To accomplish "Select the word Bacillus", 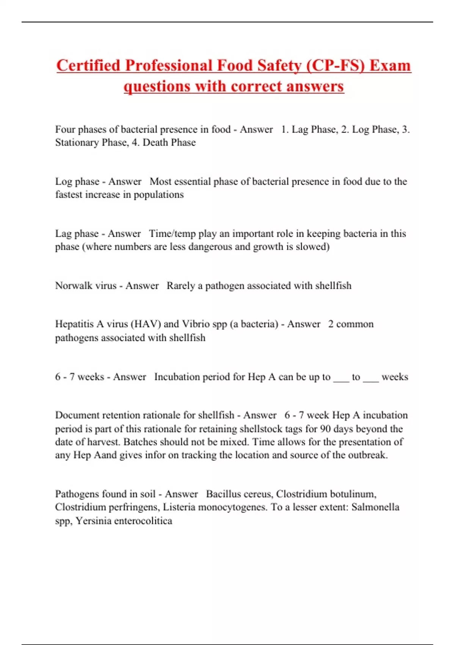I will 223,494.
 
